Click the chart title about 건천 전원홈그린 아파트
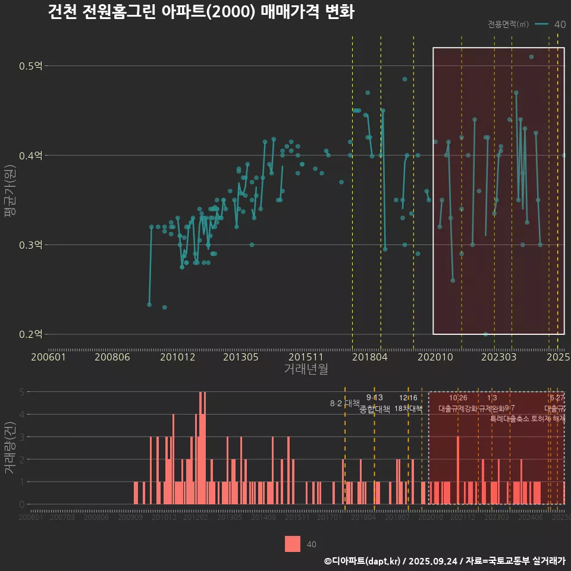(201, 12)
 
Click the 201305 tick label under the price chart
(241, 357)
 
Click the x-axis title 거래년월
(306, 369)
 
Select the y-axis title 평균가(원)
(10, 185)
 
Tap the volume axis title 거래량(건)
(10, 448)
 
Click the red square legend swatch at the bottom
(293, 544)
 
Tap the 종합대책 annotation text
(375, 409)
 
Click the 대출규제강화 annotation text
(457, 409)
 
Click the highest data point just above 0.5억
(531, 57)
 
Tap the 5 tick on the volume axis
(22, 392)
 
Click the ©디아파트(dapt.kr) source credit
(363, 560)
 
